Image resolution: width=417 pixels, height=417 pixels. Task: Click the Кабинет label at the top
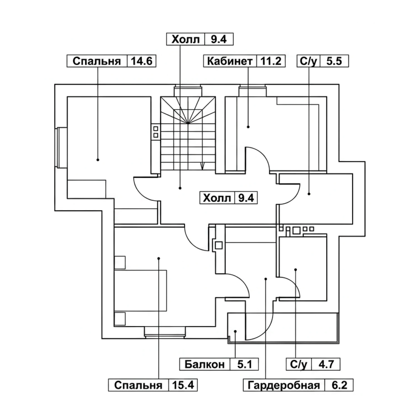point(230,61)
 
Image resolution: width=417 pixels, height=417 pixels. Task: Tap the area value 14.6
point(142,61)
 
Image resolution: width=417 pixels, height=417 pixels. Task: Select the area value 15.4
point(183,385)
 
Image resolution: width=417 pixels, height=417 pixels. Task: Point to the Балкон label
point(205,364)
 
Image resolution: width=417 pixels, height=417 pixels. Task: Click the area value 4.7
point(326,364)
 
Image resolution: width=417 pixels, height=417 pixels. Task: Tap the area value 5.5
point(334,61)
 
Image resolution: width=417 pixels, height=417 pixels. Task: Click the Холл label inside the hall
point(217,198)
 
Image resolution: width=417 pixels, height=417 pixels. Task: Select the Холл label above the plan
point(186,39)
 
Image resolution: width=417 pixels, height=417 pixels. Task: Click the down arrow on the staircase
point(202,166)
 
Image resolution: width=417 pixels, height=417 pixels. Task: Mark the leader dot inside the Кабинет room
point(248,127)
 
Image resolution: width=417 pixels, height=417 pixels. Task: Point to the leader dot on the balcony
point(235,331)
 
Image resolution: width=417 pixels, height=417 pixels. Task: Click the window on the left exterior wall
point(61,148)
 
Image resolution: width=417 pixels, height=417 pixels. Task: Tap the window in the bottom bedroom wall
point(165,332)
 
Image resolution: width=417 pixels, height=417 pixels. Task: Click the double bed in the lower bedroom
point(140,291)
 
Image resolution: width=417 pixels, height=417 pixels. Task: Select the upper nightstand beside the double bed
point(120,262)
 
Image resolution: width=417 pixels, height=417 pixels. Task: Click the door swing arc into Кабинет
point(261,156)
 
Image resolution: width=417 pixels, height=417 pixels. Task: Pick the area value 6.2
point(339,386)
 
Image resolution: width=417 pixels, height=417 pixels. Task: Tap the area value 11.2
point(271,61)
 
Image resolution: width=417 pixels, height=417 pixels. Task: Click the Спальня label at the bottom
point(138,386)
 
